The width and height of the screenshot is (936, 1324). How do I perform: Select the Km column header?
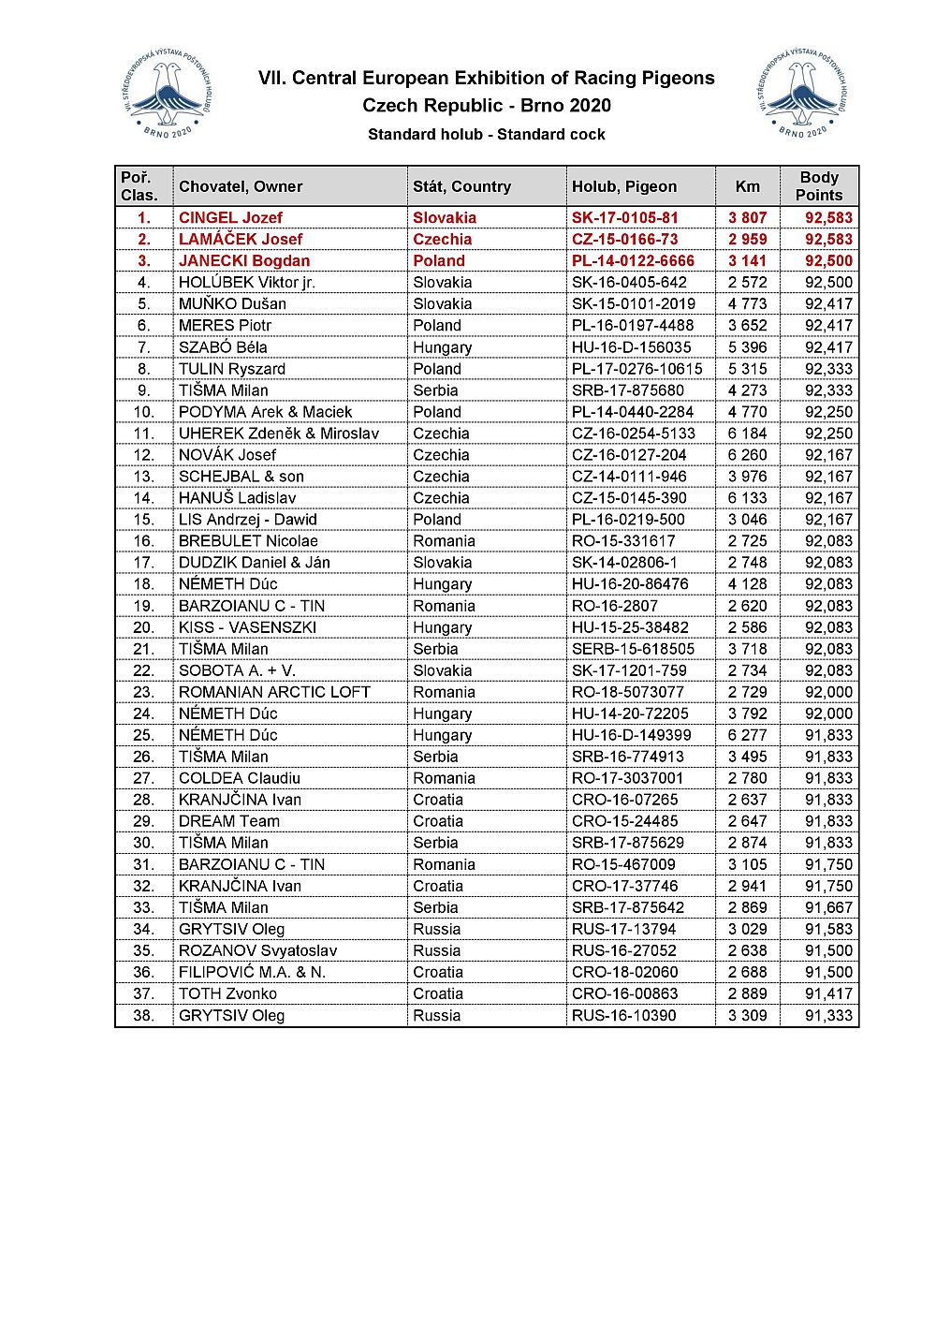click(748, 186)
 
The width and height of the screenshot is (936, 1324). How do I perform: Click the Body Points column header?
click(819, 186)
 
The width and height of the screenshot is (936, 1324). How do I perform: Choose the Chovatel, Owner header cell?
click(241, 186)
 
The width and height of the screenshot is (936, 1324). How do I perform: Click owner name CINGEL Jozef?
click(230, 218)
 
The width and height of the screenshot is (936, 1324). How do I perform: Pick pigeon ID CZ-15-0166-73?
click(624, 240)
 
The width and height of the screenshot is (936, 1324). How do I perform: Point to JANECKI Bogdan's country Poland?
click(438, 261)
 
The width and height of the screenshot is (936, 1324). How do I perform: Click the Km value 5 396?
click(747, 347)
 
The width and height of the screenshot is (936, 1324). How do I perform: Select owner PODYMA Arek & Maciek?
click(265, 412)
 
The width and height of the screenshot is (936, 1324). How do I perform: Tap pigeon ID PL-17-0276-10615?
click(636, 369)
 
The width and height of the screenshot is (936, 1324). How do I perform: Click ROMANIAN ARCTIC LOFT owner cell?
click(274, 692)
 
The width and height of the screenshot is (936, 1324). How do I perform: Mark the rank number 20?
click(143, 627)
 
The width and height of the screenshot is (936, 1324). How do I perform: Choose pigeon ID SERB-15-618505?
click(633, 649)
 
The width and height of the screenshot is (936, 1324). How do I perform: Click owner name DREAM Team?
click(228, 821)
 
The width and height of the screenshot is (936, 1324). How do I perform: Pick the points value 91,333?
click(828, 1016)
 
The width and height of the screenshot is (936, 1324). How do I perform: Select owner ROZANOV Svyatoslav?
click(257, 950)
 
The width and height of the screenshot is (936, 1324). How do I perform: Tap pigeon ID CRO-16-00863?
click(624, 993)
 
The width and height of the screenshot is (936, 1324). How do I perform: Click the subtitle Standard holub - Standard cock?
click(486, 135)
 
